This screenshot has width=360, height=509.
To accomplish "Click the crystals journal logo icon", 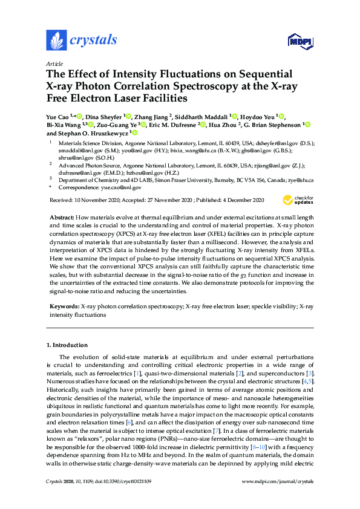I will (x=56, y=41).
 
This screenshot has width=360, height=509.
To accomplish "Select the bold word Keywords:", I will (x=64, y=307).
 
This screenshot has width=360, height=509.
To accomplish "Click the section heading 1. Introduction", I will (x=67, y=345).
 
